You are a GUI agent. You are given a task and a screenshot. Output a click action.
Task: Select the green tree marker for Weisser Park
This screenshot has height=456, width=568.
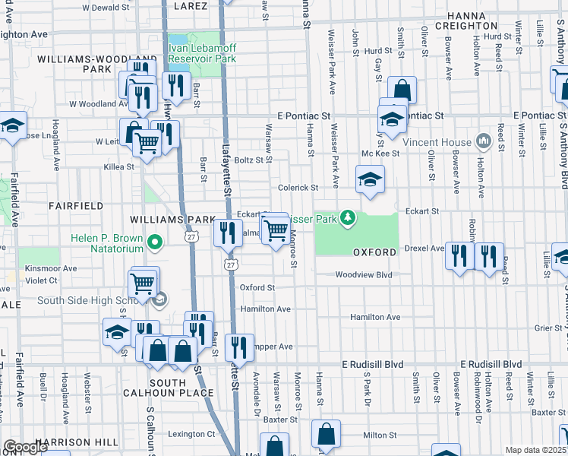tap(348, 219)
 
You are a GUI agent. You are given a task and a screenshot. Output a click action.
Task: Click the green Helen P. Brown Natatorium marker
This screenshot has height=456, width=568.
tap(155, 243)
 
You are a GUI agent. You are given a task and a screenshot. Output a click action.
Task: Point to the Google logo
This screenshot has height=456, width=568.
tap(24, 447)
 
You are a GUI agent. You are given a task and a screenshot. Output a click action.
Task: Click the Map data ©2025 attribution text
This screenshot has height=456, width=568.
tap(535, 450)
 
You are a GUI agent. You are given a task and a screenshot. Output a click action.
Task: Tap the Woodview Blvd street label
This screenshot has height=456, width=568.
tap(363, 275)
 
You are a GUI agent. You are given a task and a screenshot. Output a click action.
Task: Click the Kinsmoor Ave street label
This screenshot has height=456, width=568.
tap(51, 268)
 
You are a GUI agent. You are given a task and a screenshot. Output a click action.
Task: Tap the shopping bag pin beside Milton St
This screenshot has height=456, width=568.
tap(326, 435)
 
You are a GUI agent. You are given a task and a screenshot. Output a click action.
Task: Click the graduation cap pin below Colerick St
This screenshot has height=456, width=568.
tap(371, 180)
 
